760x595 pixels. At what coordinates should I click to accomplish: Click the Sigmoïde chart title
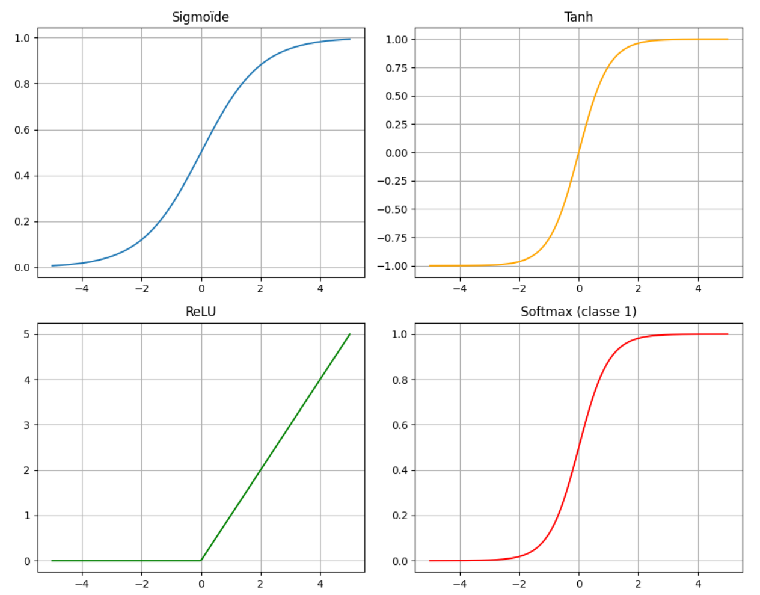pyautogui.click(x=200, y=17)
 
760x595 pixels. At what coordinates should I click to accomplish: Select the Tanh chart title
pyautogui.click(x=578, y=17)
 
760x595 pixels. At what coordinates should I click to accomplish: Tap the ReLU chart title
pyautogui.click(x=200, y=312)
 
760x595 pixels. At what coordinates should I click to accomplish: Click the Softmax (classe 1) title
pyautogui.click(x=578, y=312)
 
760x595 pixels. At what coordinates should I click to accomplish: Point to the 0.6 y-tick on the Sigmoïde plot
pyautogui.click(x=22, y=130)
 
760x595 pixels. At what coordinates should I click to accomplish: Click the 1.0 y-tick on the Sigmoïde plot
pyautogui.click(x=22, y=38)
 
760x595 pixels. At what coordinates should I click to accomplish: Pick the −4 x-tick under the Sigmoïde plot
pyautogui.click(x=82, y=289)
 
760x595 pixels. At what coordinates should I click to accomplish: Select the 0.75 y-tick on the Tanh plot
pyautogui.click(x=396, y=68)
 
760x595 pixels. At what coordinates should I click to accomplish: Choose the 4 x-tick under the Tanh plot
pyautogui.click(x=698, y=289)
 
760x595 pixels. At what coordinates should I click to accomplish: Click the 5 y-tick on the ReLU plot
pyautogui.click(x=27, y=334)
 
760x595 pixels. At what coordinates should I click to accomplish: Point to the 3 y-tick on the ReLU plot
pyautogui.click(x=27, y=425)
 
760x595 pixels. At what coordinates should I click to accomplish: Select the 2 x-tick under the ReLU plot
pyautogui.click(x=261, y=584)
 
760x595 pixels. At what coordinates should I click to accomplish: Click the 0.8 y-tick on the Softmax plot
pyautogui.click(x=400, y=380)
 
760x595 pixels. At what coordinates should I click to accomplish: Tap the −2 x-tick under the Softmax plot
pyautogui.click(x=519, y=584)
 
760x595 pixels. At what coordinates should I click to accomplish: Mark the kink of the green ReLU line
pyautogui.click(x=201, y=560)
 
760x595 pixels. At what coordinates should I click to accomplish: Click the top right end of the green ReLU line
pyautogui.click(x=350, y=334)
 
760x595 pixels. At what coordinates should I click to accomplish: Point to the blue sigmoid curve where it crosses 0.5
pyautogui.click(x=201, y=153)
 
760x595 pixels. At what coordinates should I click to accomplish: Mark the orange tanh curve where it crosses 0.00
pyautogui.click(x=579, y=153)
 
